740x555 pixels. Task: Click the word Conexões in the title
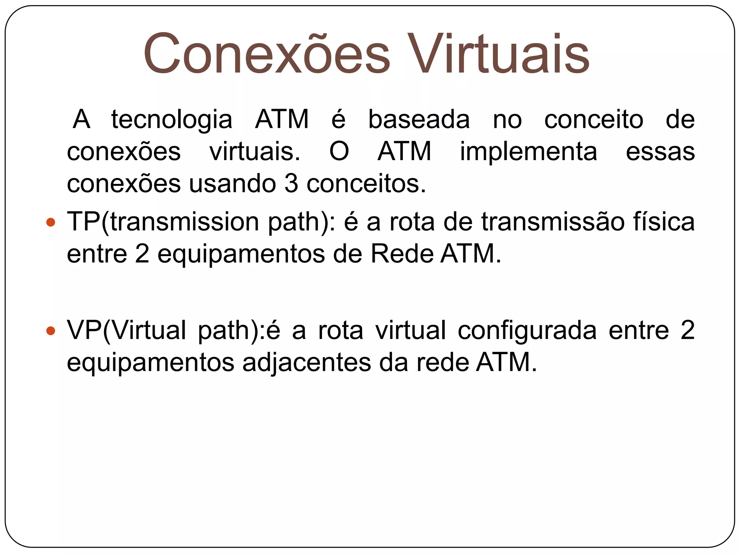tap(267, 54)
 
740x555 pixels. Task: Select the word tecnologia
tap(172, 120)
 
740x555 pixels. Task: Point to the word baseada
tap(419, 120)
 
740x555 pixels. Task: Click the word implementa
tap(528, 151)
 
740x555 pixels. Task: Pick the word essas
tap(660, 151)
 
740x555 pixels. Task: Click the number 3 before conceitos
tap(291, 184)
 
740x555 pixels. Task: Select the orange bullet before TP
tap(51, 222)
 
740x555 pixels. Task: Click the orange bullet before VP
tap(51, 330)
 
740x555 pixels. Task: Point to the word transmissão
tap(553, 221)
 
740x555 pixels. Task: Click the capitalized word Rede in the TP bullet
tap(402, 254)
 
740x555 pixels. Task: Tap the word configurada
tap(527, 330)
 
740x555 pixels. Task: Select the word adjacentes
tap(306, 362)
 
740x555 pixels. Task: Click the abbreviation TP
tap(83, 221)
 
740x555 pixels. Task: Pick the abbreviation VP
tap(84, 330)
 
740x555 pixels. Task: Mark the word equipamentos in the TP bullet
tap(241, 254)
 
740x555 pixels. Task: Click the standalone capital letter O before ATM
tap(339, 151)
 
